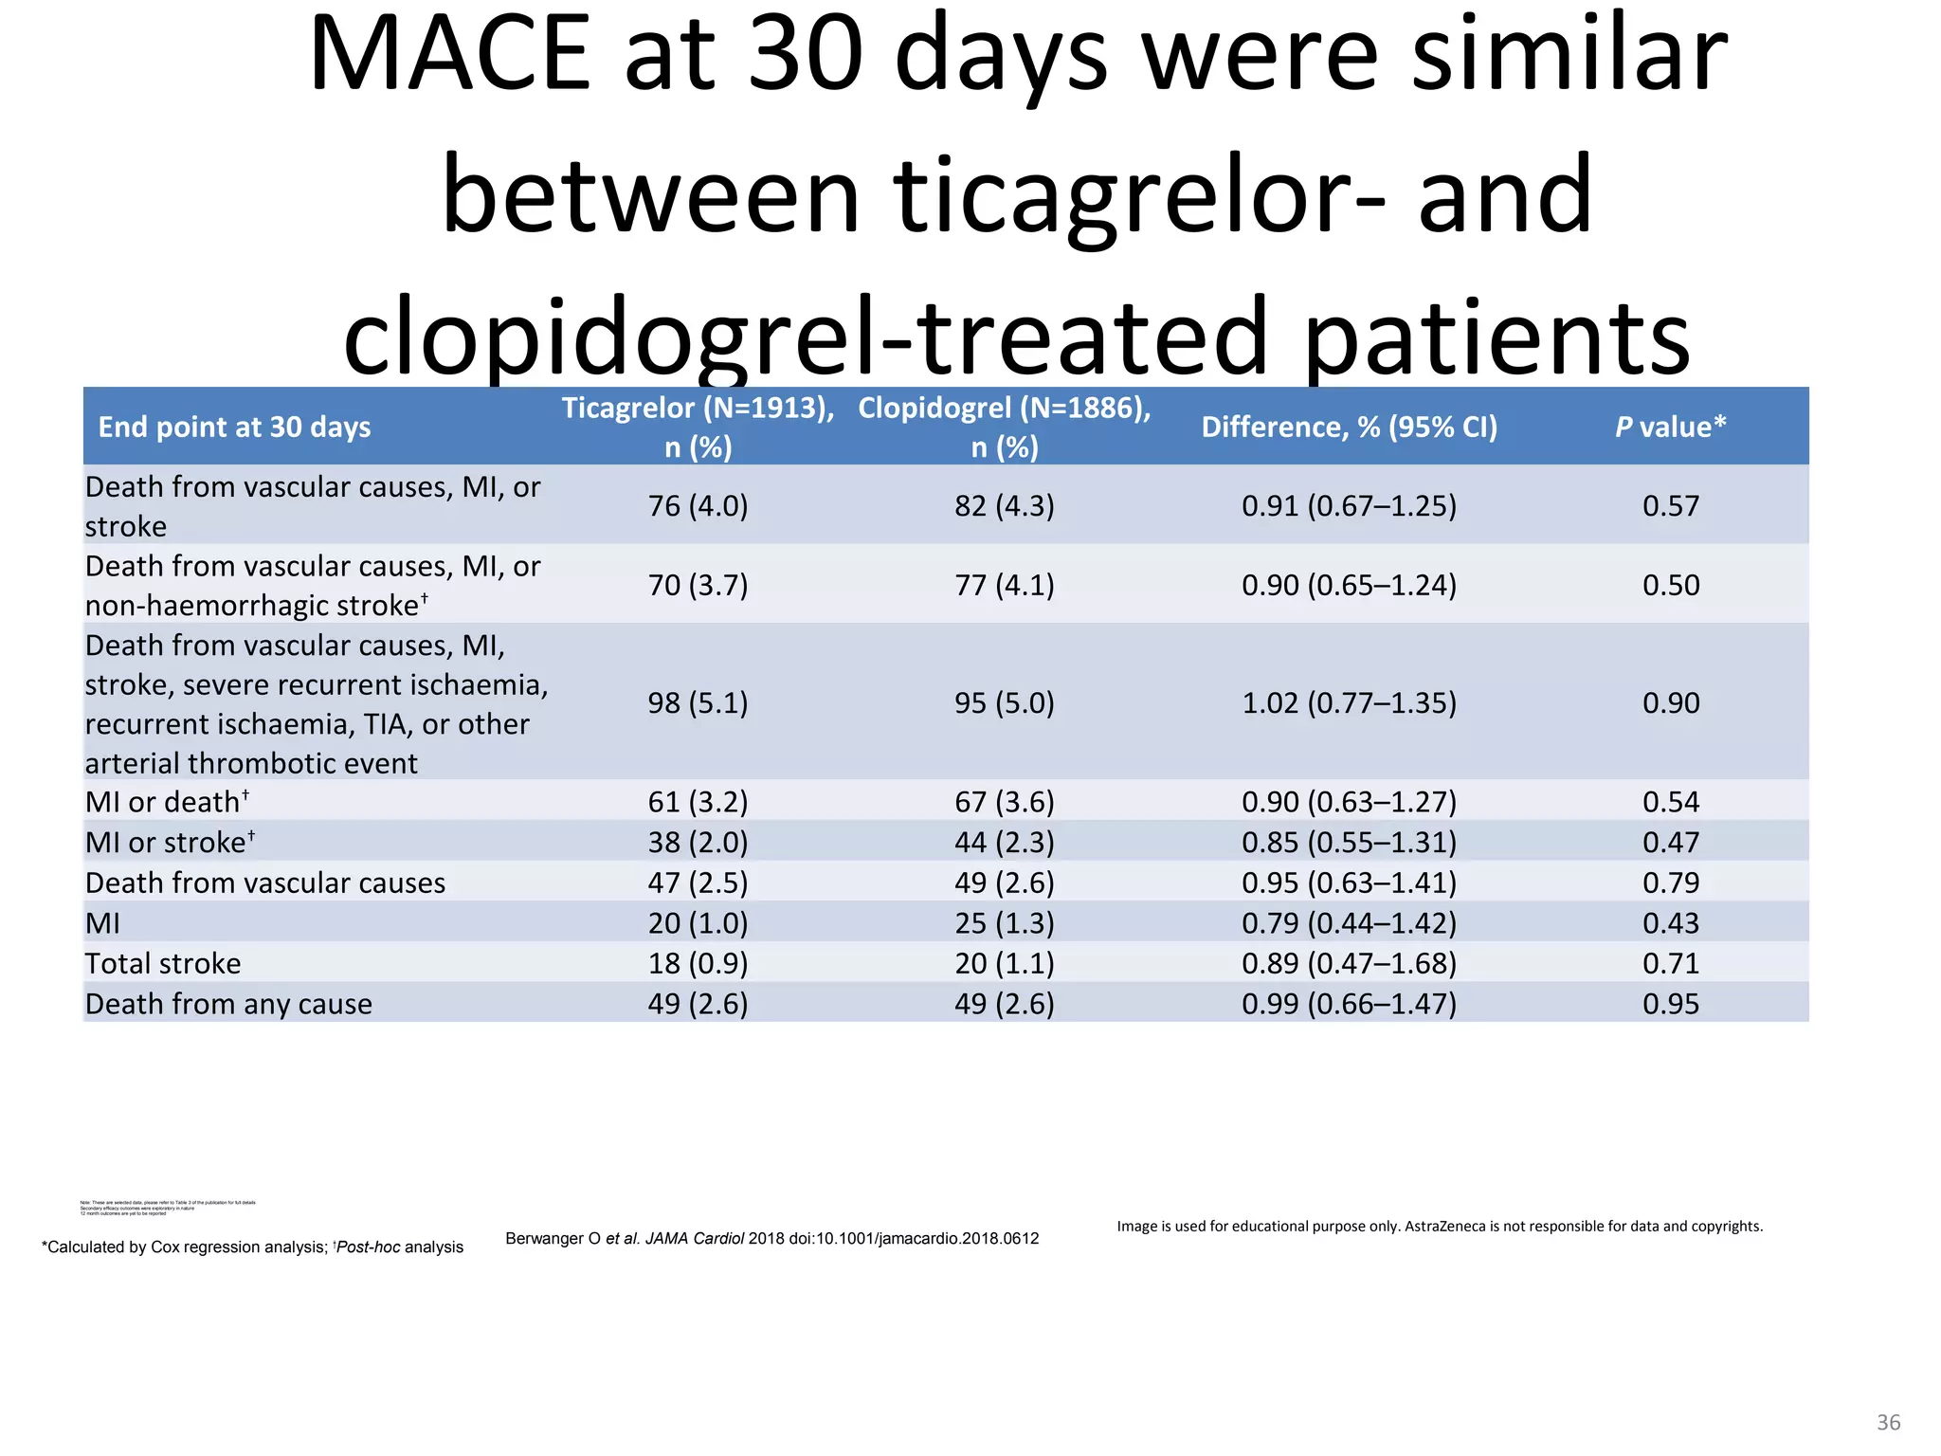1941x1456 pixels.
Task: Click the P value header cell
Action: [1670, 428]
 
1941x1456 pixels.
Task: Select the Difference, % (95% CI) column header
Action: [1349, 428]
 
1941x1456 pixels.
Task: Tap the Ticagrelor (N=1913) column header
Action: [698, 427]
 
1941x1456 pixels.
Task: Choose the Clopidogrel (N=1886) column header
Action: [1004, 427]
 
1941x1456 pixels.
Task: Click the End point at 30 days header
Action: [234, 428]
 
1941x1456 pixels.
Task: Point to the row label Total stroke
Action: [163, 964]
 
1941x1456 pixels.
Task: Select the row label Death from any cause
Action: [228, 1004]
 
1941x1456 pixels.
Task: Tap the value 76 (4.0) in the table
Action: [698, 506]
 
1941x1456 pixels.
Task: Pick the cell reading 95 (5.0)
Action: [1004, 703]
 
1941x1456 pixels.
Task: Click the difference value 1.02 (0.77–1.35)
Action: [1349, 703]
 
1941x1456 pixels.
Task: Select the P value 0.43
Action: [1671, 923]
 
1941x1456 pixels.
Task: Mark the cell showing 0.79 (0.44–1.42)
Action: [1349, 923]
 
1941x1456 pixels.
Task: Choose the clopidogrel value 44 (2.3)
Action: [1004, 843]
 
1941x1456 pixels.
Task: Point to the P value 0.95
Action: [1671, 1004]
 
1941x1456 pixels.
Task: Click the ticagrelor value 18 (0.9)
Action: [698, 964]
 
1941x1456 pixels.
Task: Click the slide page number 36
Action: [1888, 1422]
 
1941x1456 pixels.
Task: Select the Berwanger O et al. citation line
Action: [771, 1239]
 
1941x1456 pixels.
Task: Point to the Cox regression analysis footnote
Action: [252, 1247]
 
